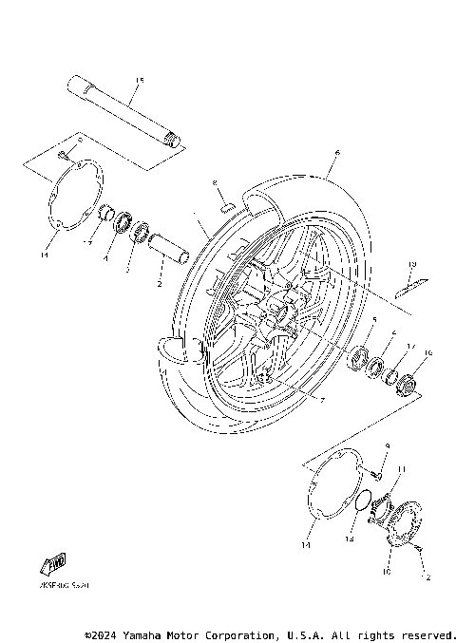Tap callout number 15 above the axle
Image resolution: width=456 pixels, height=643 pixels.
139,79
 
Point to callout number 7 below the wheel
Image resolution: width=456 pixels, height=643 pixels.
322,402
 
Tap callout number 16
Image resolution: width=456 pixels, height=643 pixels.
427,354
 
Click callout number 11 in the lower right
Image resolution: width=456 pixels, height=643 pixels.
401,469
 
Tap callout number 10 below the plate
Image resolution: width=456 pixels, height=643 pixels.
386,573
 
